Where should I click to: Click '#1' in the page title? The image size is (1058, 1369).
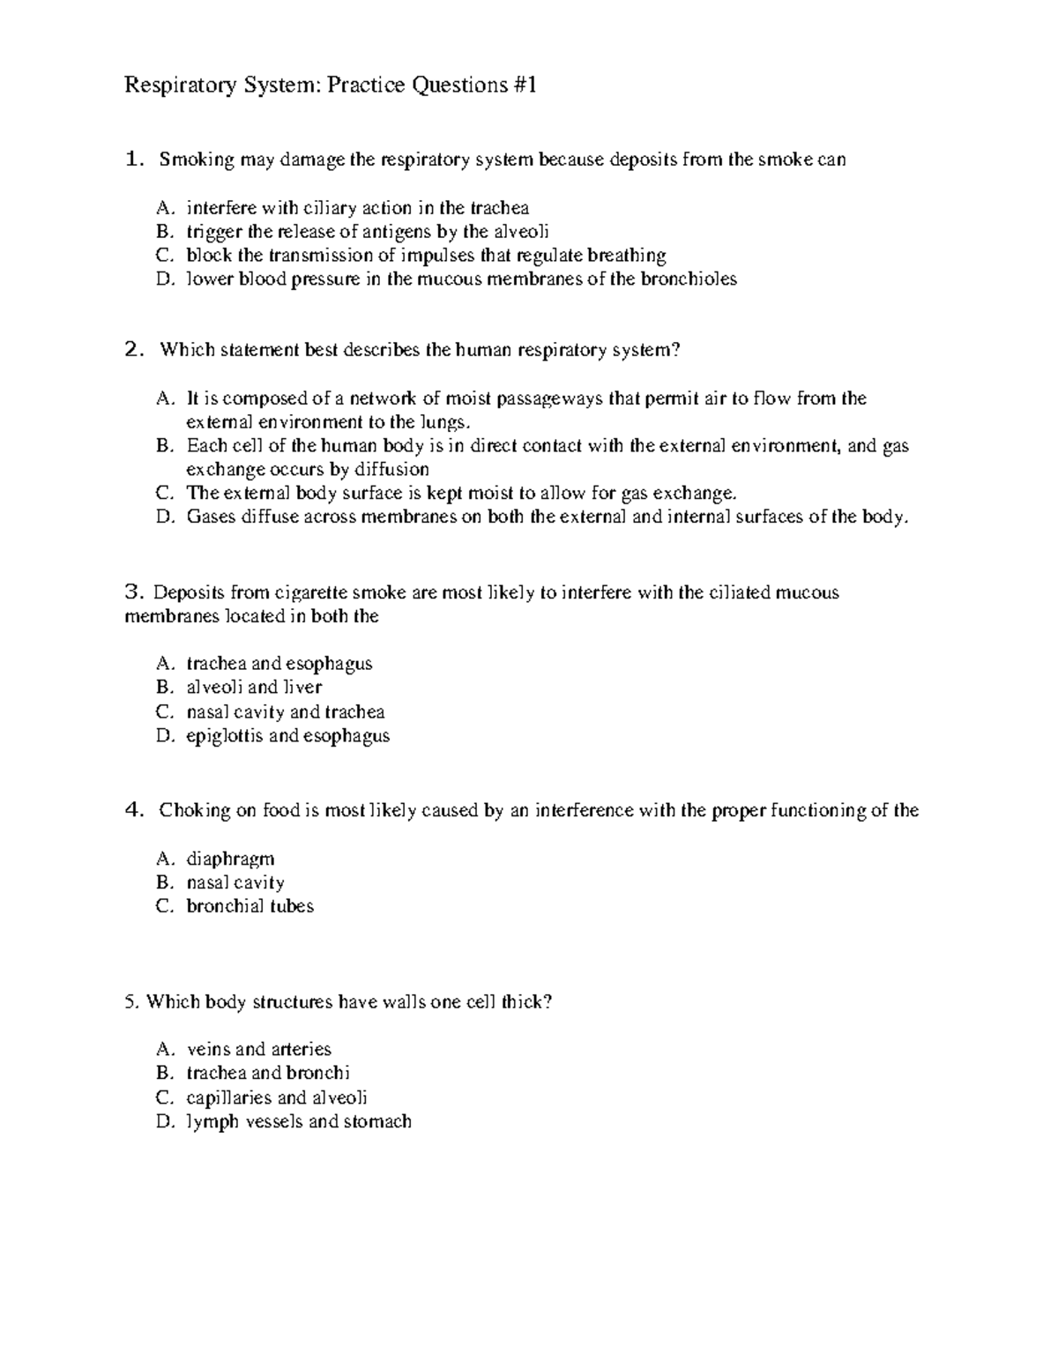coord(523,86)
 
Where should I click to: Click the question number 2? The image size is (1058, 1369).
coord(133,350)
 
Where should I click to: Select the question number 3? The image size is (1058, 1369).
coord(132,592)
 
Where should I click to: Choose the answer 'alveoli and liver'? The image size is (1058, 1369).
coord(254,687)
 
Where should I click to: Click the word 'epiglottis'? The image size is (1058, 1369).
coord(224,735)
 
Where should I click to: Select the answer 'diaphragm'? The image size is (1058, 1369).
coord(230,859)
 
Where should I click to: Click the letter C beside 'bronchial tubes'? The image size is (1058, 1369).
coord(163,906)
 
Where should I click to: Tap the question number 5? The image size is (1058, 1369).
coord(130,1002)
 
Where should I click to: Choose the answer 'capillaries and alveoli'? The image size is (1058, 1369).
coord(277,1097)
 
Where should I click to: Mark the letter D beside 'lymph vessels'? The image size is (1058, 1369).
coord(163,1121)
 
